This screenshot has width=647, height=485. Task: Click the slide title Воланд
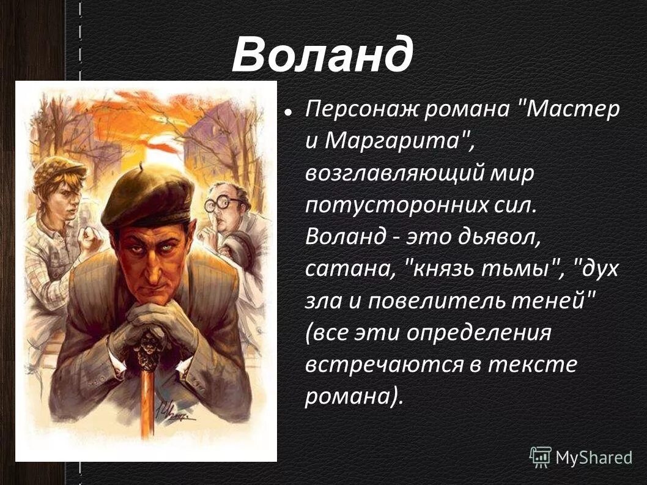[322, 55]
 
